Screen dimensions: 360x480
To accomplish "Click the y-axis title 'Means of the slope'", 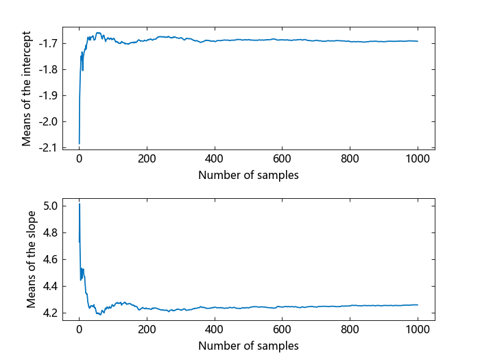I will pos(31,259).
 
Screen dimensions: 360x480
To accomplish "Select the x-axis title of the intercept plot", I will pos(248,175).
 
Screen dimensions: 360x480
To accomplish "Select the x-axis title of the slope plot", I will pos(248,346).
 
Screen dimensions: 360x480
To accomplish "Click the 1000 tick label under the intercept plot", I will pos(418,159).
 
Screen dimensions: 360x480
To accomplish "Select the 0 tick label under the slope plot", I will pos(79,330).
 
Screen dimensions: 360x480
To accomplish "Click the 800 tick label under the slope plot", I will pos(350,330).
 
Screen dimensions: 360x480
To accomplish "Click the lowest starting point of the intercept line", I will pos(80,143).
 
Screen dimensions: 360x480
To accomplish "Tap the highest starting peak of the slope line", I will pos(80,204).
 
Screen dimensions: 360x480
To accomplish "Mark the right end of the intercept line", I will pos(418,41).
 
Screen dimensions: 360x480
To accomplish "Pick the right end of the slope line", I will pos(418,304).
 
